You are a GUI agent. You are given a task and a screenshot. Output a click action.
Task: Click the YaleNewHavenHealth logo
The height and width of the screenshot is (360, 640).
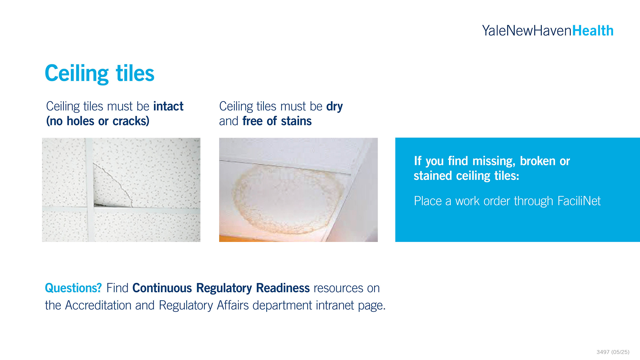(548, 31)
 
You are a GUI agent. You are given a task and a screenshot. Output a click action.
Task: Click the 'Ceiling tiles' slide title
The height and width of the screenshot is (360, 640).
(100, 73)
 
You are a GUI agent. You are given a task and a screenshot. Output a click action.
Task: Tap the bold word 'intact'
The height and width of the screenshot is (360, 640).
(168, 106)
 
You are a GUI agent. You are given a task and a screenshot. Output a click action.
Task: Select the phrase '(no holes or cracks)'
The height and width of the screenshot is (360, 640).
(98, 121)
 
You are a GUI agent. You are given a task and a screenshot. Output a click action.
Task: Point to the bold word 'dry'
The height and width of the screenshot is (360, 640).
(334, 107)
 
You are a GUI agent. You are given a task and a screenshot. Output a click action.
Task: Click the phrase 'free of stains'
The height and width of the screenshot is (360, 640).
(277, 121)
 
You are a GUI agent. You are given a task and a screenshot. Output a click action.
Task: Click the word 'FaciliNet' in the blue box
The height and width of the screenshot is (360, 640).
(579, 201)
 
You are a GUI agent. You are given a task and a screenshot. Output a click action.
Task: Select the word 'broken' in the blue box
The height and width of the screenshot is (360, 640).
(537, 161)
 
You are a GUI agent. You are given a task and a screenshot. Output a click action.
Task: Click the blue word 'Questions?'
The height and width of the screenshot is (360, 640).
(73, 288)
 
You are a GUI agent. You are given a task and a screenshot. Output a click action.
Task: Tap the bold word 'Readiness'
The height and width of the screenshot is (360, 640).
(283, 288)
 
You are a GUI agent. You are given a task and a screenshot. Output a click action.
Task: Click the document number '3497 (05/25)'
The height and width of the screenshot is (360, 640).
(613, 352)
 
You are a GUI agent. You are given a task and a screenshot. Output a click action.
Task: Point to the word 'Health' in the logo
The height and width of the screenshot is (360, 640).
(593, 31)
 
